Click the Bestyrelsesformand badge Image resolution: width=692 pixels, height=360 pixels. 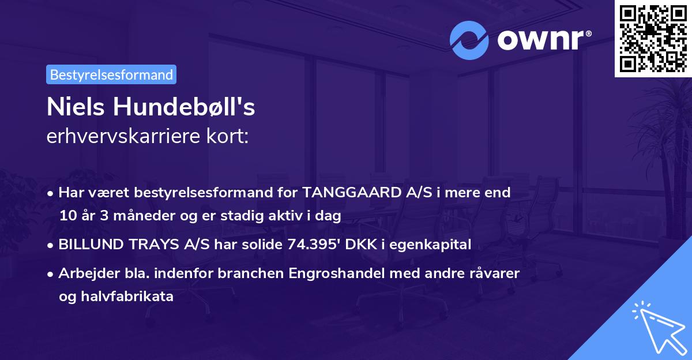click(x=111, y=74)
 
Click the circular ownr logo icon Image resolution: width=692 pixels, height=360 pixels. click(x=469, y=41)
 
